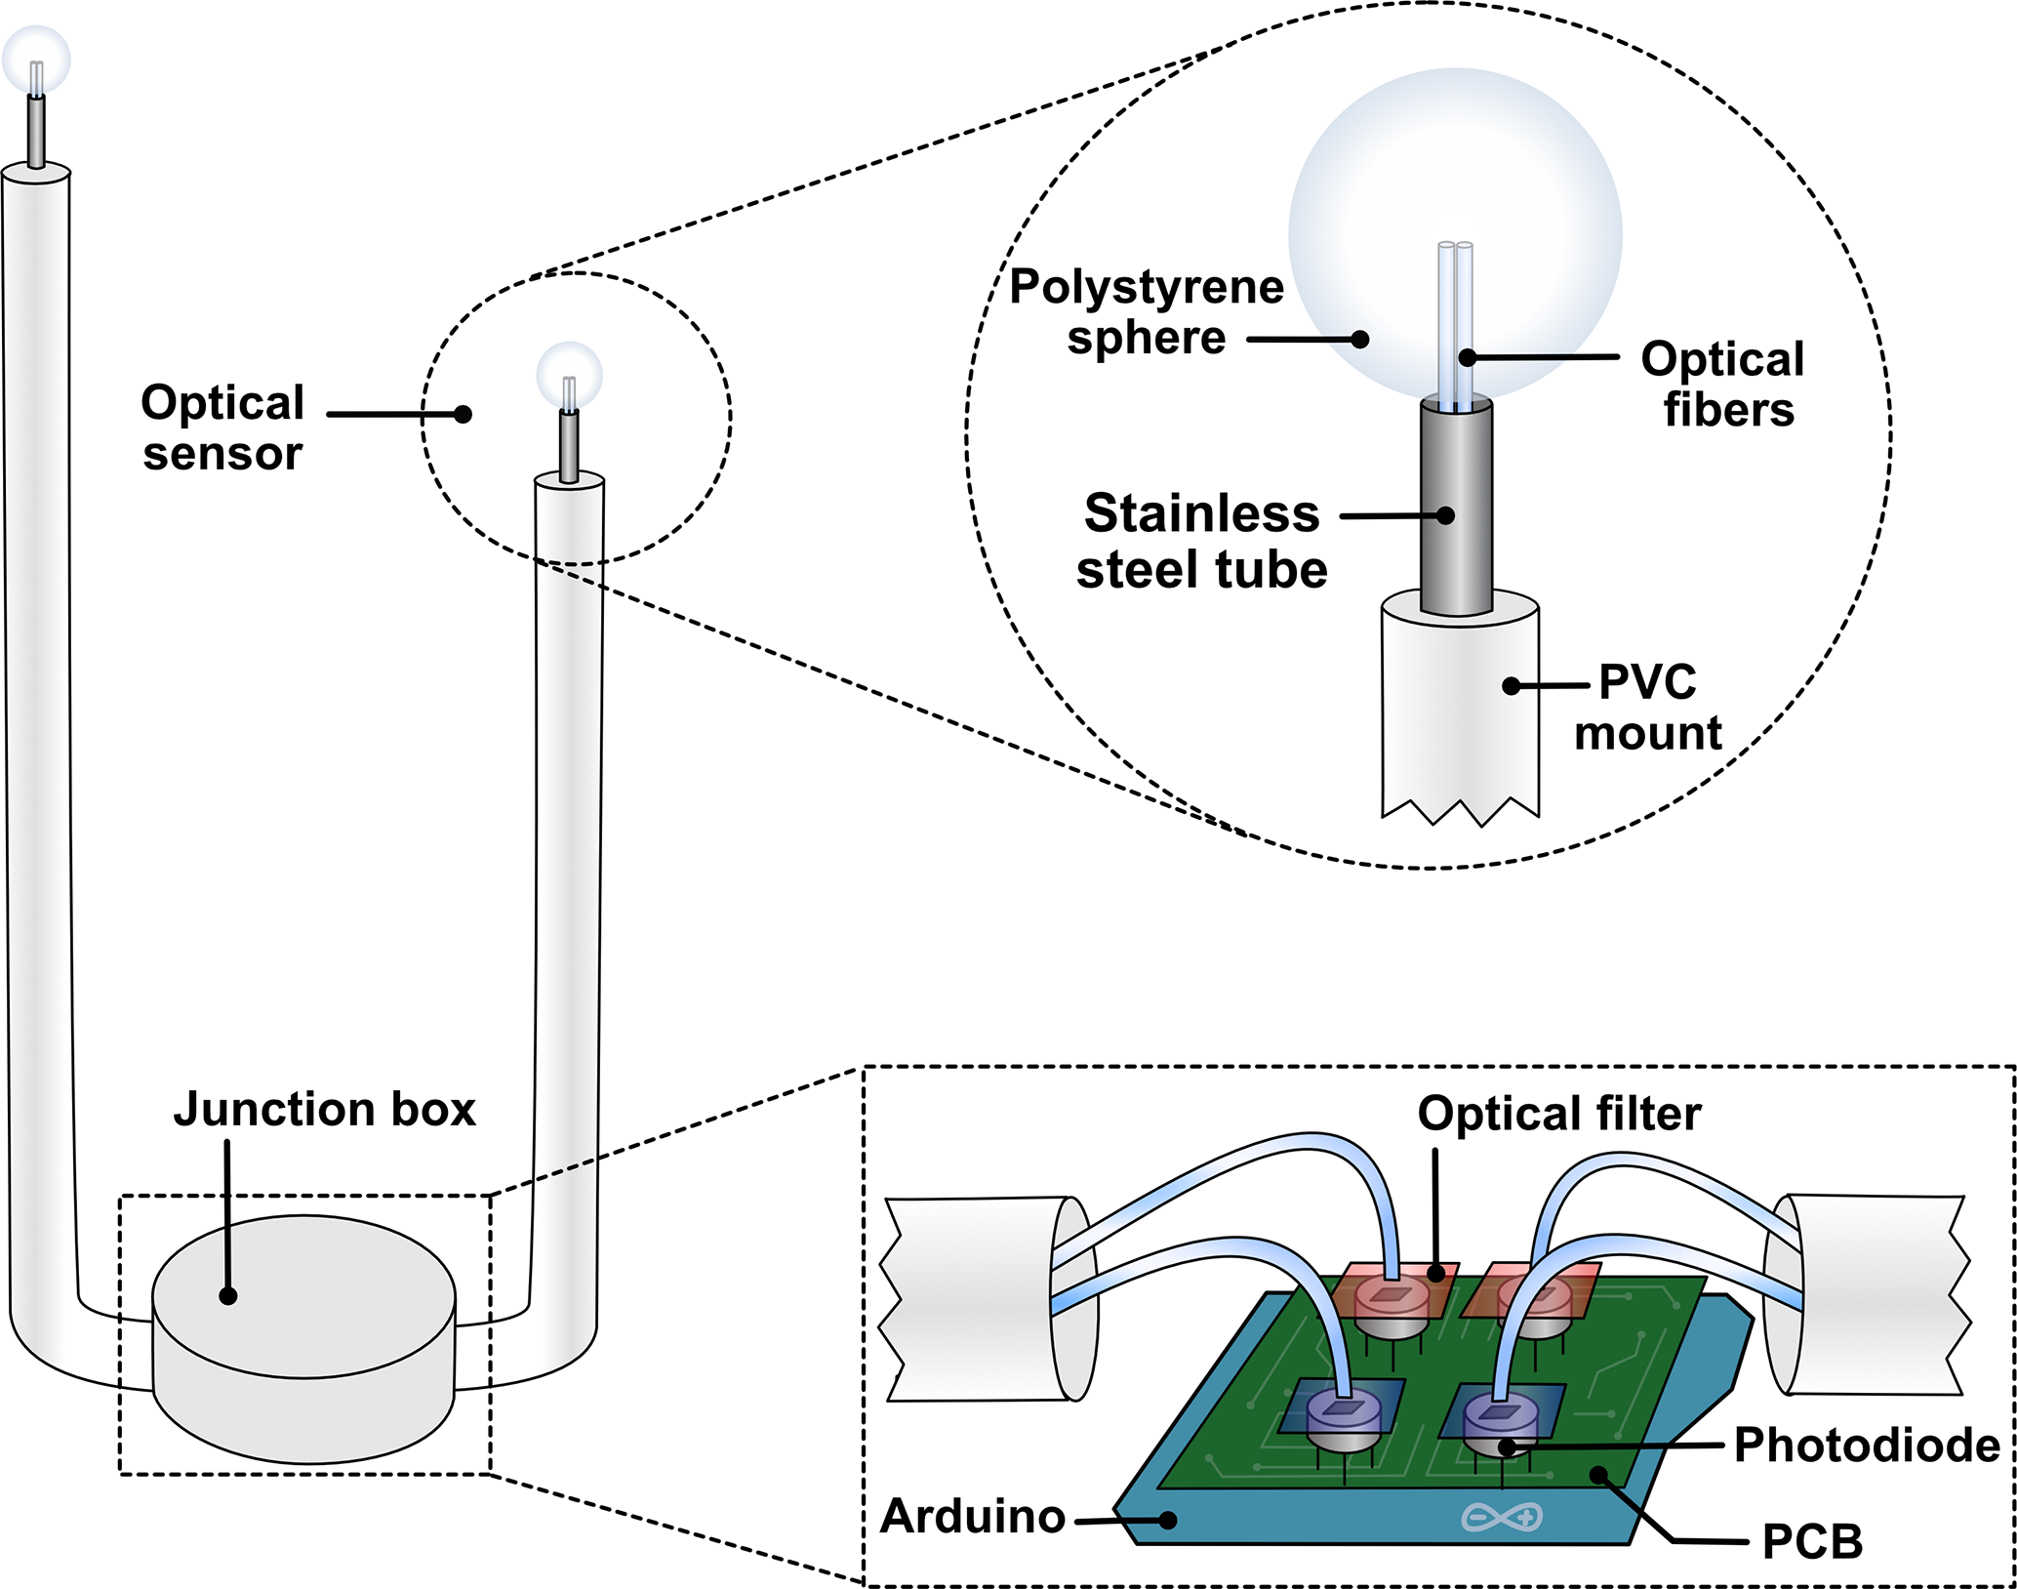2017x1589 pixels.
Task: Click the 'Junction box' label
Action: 324,1110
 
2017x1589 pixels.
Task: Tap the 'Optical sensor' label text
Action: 222,428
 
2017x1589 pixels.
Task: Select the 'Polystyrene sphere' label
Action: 1147,312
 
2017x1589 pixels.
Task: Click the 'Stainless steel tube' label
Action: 1202,541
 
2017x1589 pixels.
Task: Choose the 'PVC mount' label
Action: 1648,708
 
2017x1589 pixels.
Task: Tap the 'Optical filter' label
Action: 1559,1114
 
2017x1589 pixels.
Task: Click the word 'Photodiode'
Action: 1867,1445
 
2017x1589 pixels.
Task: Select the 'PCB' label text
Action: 1812,1542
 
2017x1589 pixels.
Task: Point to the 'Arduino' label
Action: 973,1517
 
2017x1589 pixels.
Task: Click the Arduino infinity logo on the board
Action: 1502,1517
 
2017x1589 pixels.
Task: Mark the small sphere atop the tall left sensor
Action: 36,59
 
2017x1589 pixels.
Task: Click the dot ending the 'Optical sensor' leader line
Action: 464,415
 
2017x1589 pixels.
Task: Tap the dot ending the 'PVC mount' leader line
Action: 1511,686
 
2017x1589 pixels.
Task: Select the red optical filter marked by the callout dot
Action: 1399,1288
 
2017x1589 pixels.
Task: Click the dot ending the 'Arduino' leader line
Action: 1166,1520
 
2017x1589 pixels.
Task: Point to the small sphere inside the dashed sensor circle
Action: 570,374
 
